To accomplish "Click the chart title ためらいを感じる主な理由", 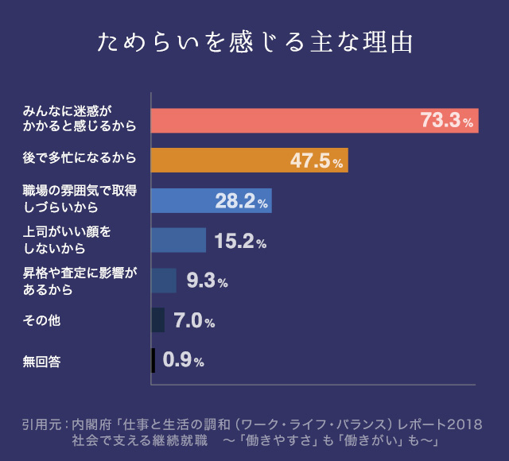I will click(x=254, y=42).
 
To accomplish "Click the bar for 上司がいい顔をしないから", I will click(x=178, y=240).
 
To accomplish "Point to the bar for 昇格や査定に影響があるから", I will click(x=164, y=280).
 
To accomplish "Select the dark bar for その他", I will click(x=158, y=320).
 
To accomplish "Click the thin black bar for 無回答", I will click(x=153, y=360).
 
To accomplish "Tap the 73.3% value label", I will click(x=446, y=121).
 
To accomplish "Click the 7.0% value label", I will click(x=194, y=321).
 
